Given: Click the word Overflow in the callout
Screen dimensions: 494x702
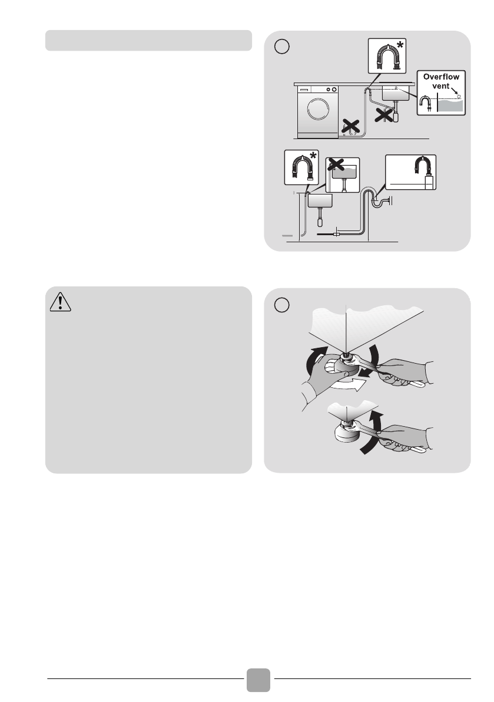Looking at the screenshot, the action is pyautogui.click(x=441, y=77).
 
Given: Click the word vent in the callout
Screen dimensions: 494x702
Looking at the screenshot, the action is pyautogui.click(x=441, y=86).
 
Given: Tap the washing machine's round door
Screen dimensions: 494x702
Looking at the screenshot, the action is pyautogui.click(x=319, y=109).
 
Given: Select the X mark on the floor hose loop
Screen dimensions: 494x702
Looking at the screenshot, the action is pyautogui.click(x=351, y=126).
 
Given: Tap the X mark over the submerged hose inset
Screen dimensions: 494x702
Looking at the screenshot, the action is pyautogui.click(x=336, y=165).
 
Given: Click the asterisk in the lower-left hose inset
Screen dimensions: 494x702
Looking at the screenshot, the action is pyautogui.click(x=313, y=156).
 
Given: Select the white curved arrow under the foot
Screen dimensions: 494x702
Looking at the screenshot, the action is pyautogui.click(x=349, y=384).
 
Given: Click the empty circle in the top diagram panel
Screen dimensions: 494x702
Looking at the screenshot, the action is pyautogui.click(x=281, y=46).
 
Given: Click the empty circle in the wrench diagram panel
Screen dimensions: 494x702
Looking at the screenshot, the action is pyautogui.click(x=281, y=305).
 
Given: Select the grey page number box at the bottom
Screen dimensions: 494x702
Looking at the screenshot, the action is pyautogui.click(x=258, y=680).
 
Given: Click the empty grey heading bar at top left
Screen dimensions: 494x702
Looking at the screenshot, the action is pyautogui.click(x=148, y=40).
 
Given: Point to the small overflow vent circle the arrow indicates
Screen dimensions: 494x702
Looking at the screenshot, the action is pyautogui.click(x=459, y=97).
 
